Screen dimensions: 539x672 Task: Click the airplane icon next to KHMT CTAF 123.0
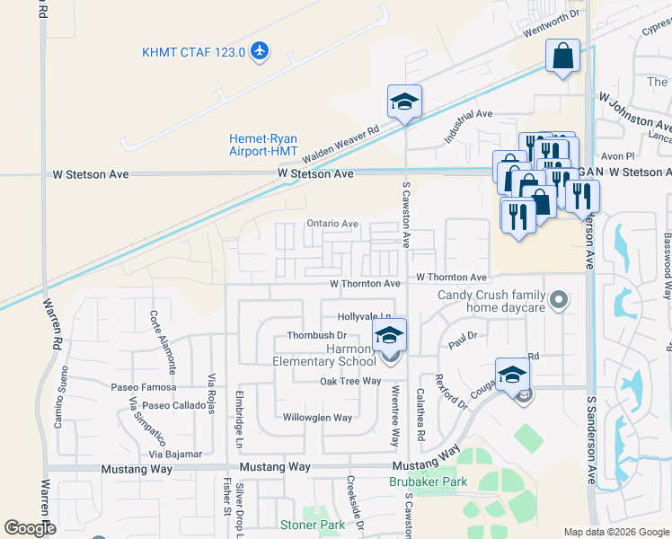pos(261,51)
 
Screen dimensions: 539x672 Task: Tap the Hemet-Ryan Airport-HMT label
pos(262,145)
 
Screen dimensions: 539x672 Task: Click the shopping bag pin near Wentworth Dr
pos(562,57)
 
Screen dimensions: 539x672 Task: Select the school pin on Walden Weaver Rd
pos(404,102)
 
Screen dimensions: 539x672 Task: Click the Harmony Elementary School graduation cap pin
pos(389,335)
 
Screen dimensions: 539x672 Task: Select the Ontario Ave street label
pos(332,224)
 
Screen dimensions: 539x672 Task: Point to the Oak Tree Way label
pos(349,382)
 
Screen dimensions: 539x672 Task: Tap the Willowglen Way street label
pos(318,418)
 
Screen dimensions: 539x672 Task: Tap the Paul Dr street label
pos(462,343)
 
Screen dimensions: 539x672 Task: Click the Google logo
pos(31,528)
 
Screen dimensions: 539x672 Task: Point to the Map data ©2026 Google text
pos(616,532)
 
